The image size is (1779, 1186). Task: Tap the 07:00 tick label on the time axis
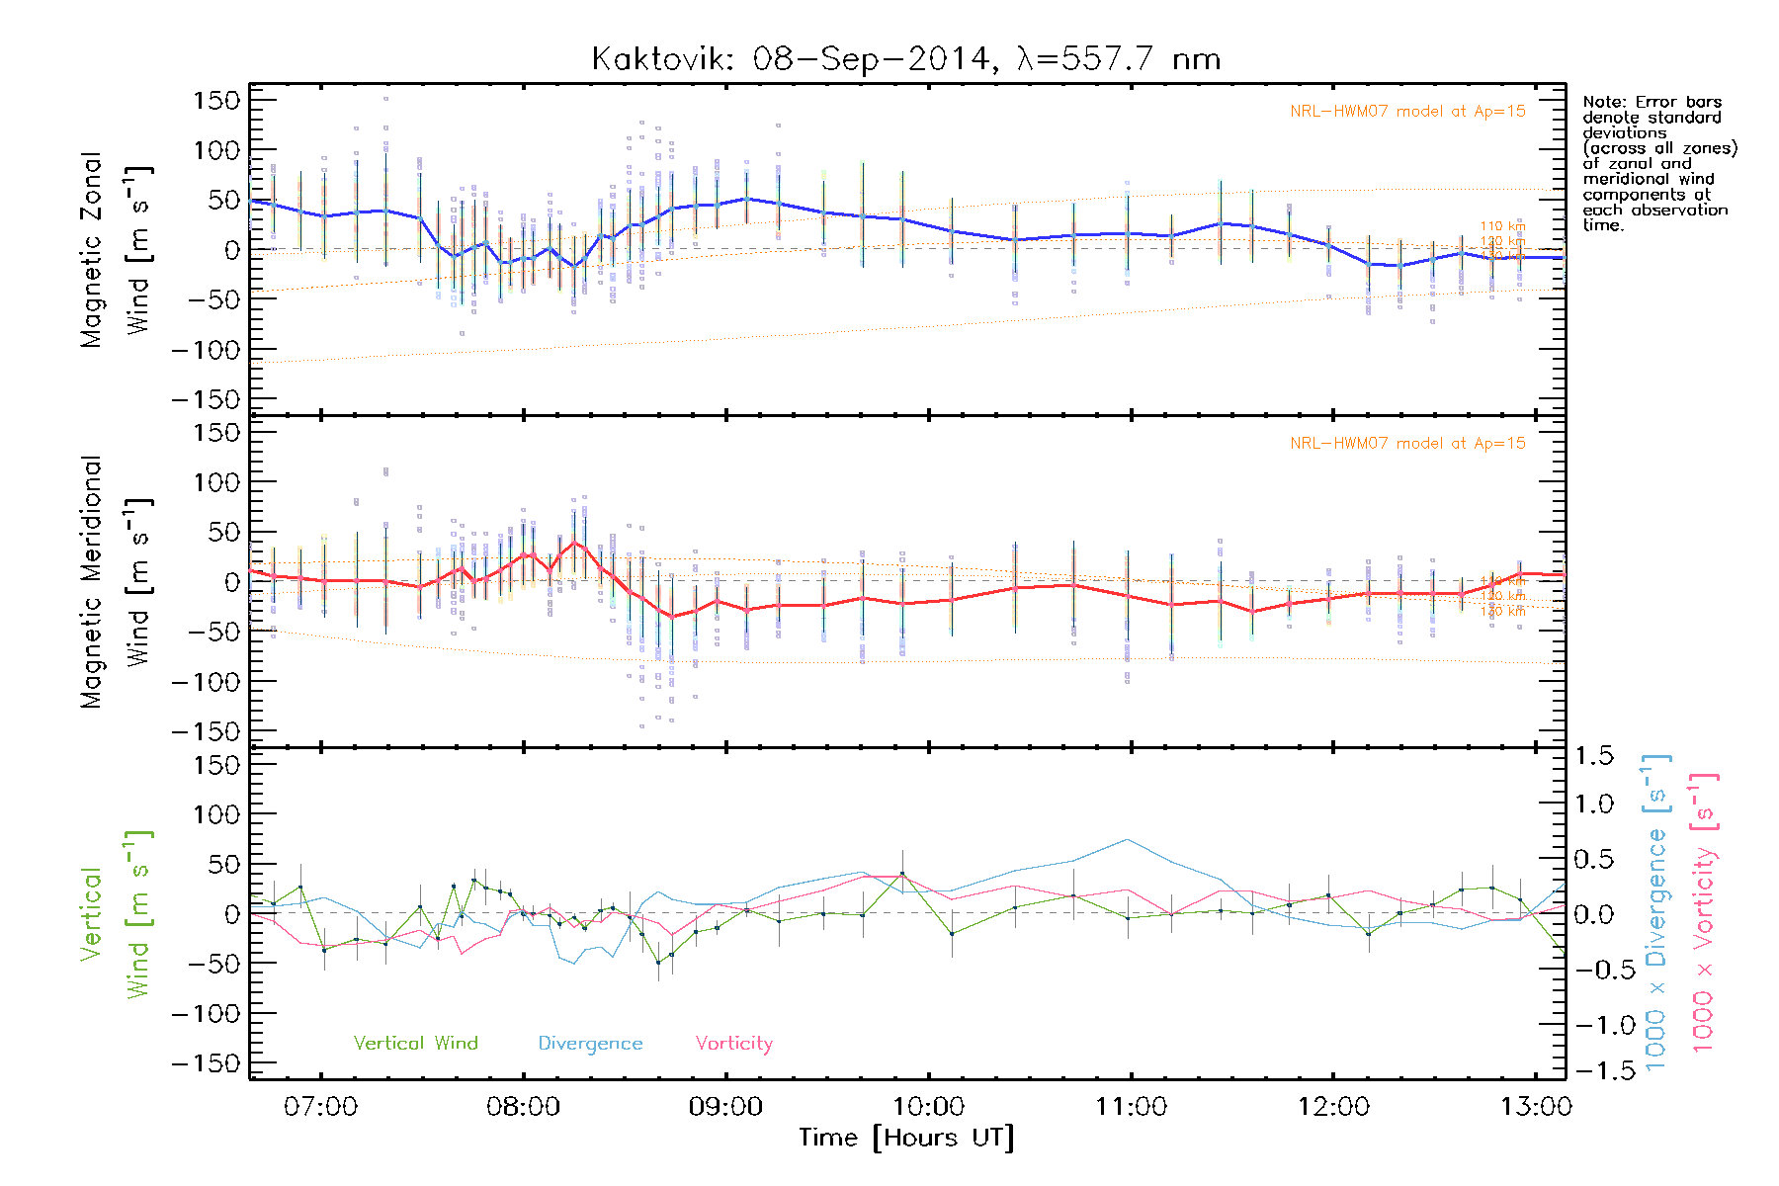coord(321,1106)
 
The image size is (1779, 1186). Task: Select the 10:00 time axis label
coord(929,1106)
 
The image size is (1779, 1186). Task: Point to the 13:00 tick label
coord(1536,1106)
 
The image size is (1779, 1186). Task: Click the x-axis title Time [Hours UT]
coord(906,1138)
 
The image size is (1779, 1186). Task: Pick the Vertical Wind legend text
coord(415,1044)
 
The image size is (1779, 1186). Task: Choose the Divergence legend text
coord(590,1044)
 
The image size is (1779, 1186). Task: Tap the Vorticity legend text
coord(733,1044)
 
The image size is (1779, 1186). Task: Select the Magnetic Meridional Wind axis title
coord(114,582)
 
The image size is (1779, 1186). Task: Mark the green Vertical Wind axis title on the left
coord(114,914)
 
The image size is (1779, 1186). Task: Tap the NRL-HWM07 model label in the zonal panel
coord(1407,112)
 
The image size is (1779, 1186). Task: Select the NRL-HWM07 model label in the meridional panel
coord(1407,444)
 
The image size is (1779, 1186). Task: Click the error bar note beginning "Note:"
coord(1658,163)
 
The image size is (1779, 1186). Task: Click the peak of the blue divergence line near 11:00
coord(1129,840)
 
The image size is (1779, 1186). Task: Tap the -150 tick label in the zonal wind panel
coord(206,399)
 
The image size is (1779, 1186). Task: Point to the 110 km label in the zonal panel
coord(1502,226)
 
